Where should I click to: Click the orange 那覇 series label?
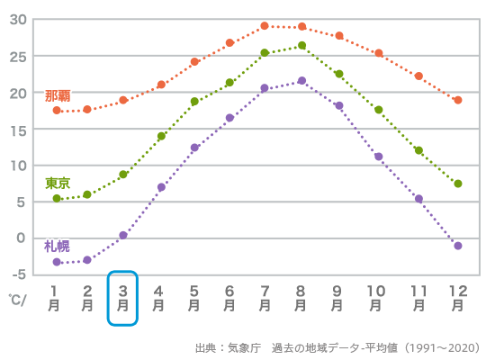pyautogui.click(x=58, y=95)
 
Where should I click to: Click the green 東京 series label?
pyautogui.click(x=58, y=183)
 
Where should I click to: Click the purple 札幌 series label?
pyautogui.click(x=57, y=246)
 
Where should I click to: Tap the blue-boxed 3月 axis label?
pyautogui.click(x=122, y=298)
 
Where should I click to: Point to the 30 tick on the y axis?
pyautogui.click(x=18, y=20)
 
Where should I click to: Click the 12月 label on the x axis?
pyautogui.click(x=457, y=298)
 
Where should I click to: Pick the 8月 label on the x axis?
pyautogui.click(x=301, y=298)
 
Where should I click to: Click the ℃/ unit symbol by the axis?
pyautogui.click(x=18, y=298)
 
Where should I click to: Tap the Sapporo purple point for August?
pyautogui.click(x=301, y=81)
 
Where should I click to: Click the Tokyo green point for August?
pyautogui.click(x=301, y=45)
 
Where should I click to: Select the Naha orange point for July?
pyautogui.click(x=265, y=26)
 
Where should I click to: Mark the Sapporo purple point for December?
pyautogui.click(x=458, y=246)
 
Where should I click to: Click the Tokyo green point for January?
pyautogui.click(x=57, y=198)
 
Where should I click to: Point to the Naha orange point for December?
pyautogui.click(x=458, y=100)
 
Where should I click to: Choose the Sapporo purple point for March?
pyautogui.click(x=123, y=235)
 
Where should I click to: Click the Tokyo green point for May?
pyautogui.click(x=194, y=102)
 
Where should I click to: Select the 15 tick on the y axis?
pyautogui.click(x=18, y=129)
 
